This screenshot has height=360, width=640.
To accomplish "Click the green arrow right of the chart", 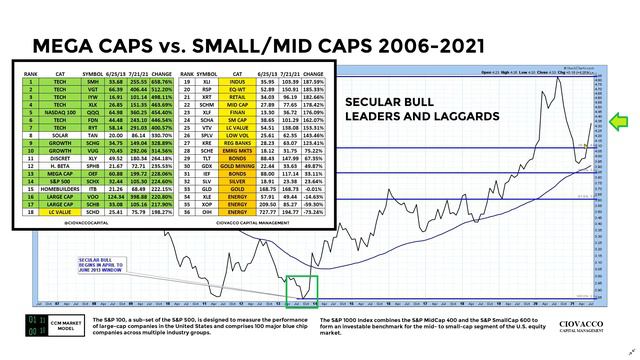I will click(x=620, y=124).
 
